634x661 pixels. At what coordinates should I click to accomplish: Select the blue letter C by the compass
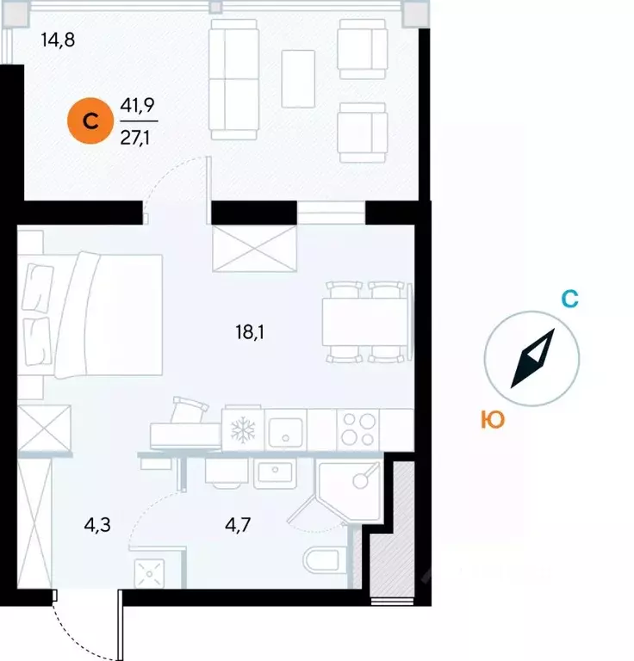click(569, 300)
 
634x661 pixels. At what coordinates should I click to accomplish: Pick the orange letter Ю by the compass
click(492, 420)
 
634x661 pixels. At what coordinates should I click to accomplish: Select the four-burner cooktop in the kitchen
click(357, 428)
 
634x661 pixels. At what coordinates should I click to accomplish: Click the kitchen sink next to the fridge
click(286, 428)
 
